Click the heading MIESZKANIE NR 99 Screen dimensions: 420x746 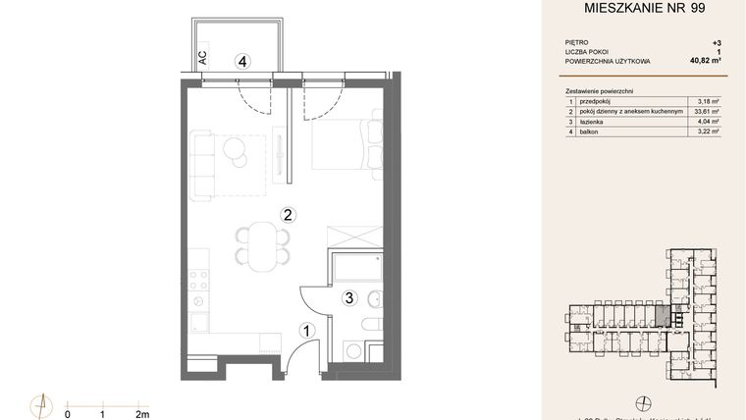(644, 11)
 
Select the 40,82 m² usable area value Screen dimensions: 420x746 (705, 61)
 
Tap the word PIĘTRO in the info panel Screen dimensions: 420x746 (578, 43)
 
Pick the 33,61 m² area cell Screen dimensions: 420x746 (706, 111)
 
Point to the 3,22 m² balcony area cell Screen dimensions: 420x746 (707, 131)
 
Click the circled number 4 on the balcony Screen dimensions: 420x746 (241, 61)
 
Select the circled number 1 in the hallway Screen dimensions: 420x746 (306, 332)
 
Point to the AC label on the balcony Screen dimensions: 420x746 (202, 58)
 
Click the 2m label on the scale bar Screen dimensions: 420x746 (142, 414)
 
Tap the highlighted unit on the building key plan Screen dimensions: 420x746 (663, 316)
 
